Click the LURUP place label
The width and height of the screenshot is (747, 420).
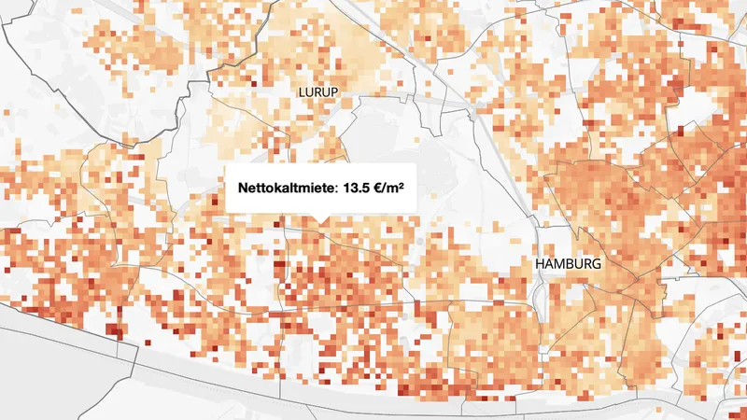(x=317, y=91)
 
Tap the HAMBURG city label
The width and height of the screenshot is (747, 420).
(x=569, y=265)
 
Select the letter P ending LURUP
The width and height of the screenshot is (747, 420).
(x=331, y=91)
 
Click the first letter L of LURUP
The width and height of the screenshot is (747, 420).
(x=302, y=91)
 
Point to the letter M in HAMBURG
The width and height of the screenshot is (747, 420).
(x=562, y=265)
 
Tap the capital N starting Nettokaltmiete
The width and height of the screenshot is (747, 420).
(x=243, y=188)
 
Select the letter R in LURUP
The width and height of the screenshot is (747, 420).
(x=317, y=91)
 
